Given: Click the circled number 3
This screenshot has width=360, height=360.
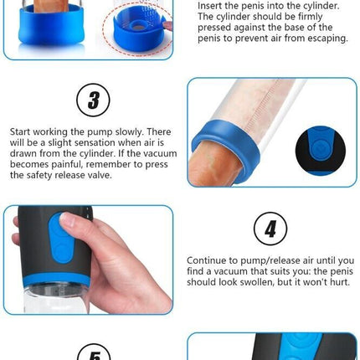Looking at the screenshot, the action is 93,100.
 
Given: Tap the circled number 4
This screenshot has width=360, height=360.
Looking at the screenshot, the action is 270,229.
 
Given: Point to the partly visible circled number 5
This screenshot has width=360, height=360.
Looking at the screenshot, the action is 94,352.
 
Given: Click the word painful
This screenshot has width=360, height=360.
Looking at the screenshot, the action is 67,164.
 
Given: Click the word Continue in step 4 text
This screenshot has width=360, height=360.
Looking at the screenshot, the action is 206,260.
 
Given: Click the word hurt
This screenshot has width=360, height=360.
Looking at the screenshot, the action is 340,282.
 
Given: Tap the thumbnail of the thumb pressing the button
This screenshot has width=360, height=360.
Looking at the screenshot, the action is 89,260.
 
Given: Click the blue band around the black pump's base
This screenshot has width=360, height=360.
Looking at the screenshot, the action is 57,280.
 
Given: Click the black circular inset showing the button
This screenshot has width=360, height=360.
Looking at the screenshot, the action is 321,151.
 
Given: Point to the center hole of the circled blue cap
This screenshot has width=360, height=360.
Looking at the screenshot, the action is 137,27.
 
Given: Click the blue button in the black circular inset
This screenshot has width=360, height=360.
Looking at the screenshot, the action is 320,147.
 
